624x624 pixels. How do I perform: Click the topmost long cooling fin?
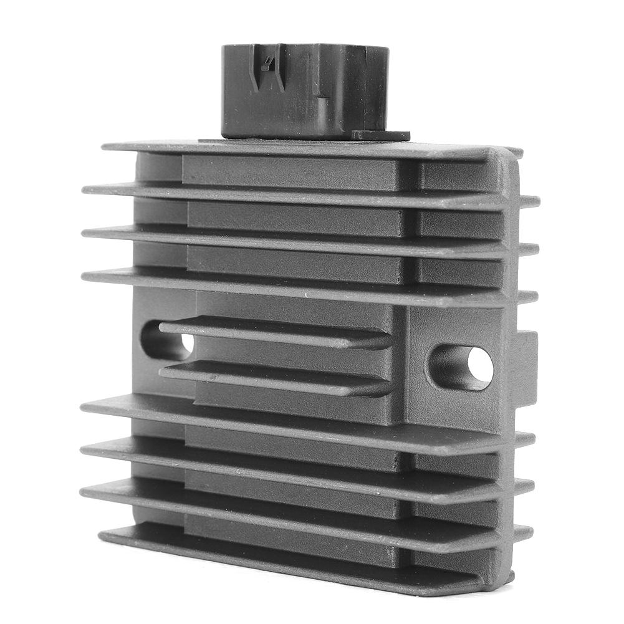click(x=299, y=150)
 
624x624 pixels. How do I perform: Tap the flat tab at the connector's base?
click(x=380, y=135)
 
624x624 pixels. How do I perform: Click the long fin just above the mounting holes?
click(x=299, y=284)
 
